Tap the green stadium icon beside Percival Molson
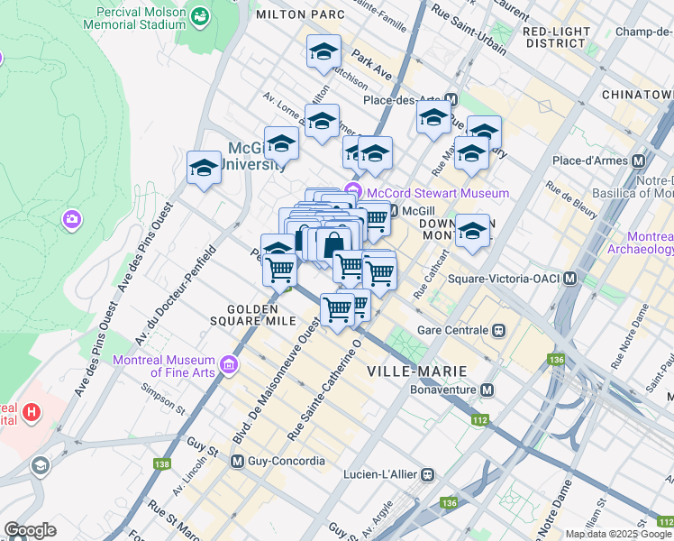tap(198, 16)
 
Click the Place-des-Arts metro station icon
tap(451, 100)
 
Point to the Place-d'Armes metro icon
tap(639, 160)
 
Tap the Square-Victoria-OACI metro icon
tap(569, 280)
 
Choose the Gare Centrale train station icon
tap(496, 330)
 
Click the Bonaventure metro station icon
tap(487, 390)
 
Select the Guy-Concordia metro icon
tap(238, 461)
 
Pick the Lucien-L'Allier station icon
tap(429, 473)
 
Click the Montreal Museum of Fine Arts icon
tap(229, 364)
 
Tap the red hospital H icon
tap(32, 414)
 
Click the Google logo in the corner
tap(30, 530)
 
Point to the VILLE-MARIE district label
tap(416, 371)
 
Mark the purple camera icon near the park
tap(71, 219)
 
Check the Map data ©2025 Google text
tap(606, 534)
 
